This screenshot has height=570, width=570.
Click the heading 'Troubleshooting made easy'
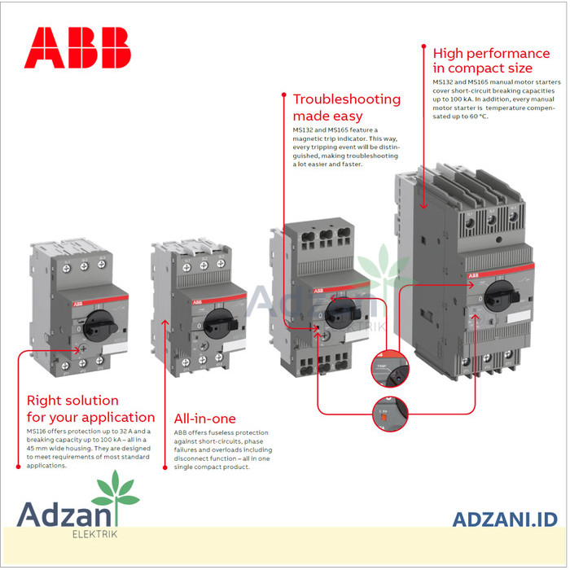click(346, 107)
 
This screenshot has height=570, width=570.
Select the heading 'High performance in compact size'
click(491, 61)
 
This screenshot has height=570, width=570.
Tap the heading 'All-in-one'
click(204, 419)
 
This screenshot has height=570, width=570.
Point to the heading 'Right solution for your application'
click(90, 409)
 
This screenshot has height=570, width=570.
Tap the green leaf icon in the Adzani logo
click(114, 492)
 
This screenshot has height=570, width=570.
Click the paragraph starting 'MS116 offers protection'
click(88, 448)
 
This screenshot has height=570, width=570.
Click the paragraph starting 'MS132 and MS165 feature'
click(345, 147)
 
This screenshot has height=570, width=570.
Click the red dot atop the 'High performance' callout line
click(422, 47)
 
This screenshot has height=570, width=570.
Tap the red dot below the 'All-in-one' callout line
click(166, 468)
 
